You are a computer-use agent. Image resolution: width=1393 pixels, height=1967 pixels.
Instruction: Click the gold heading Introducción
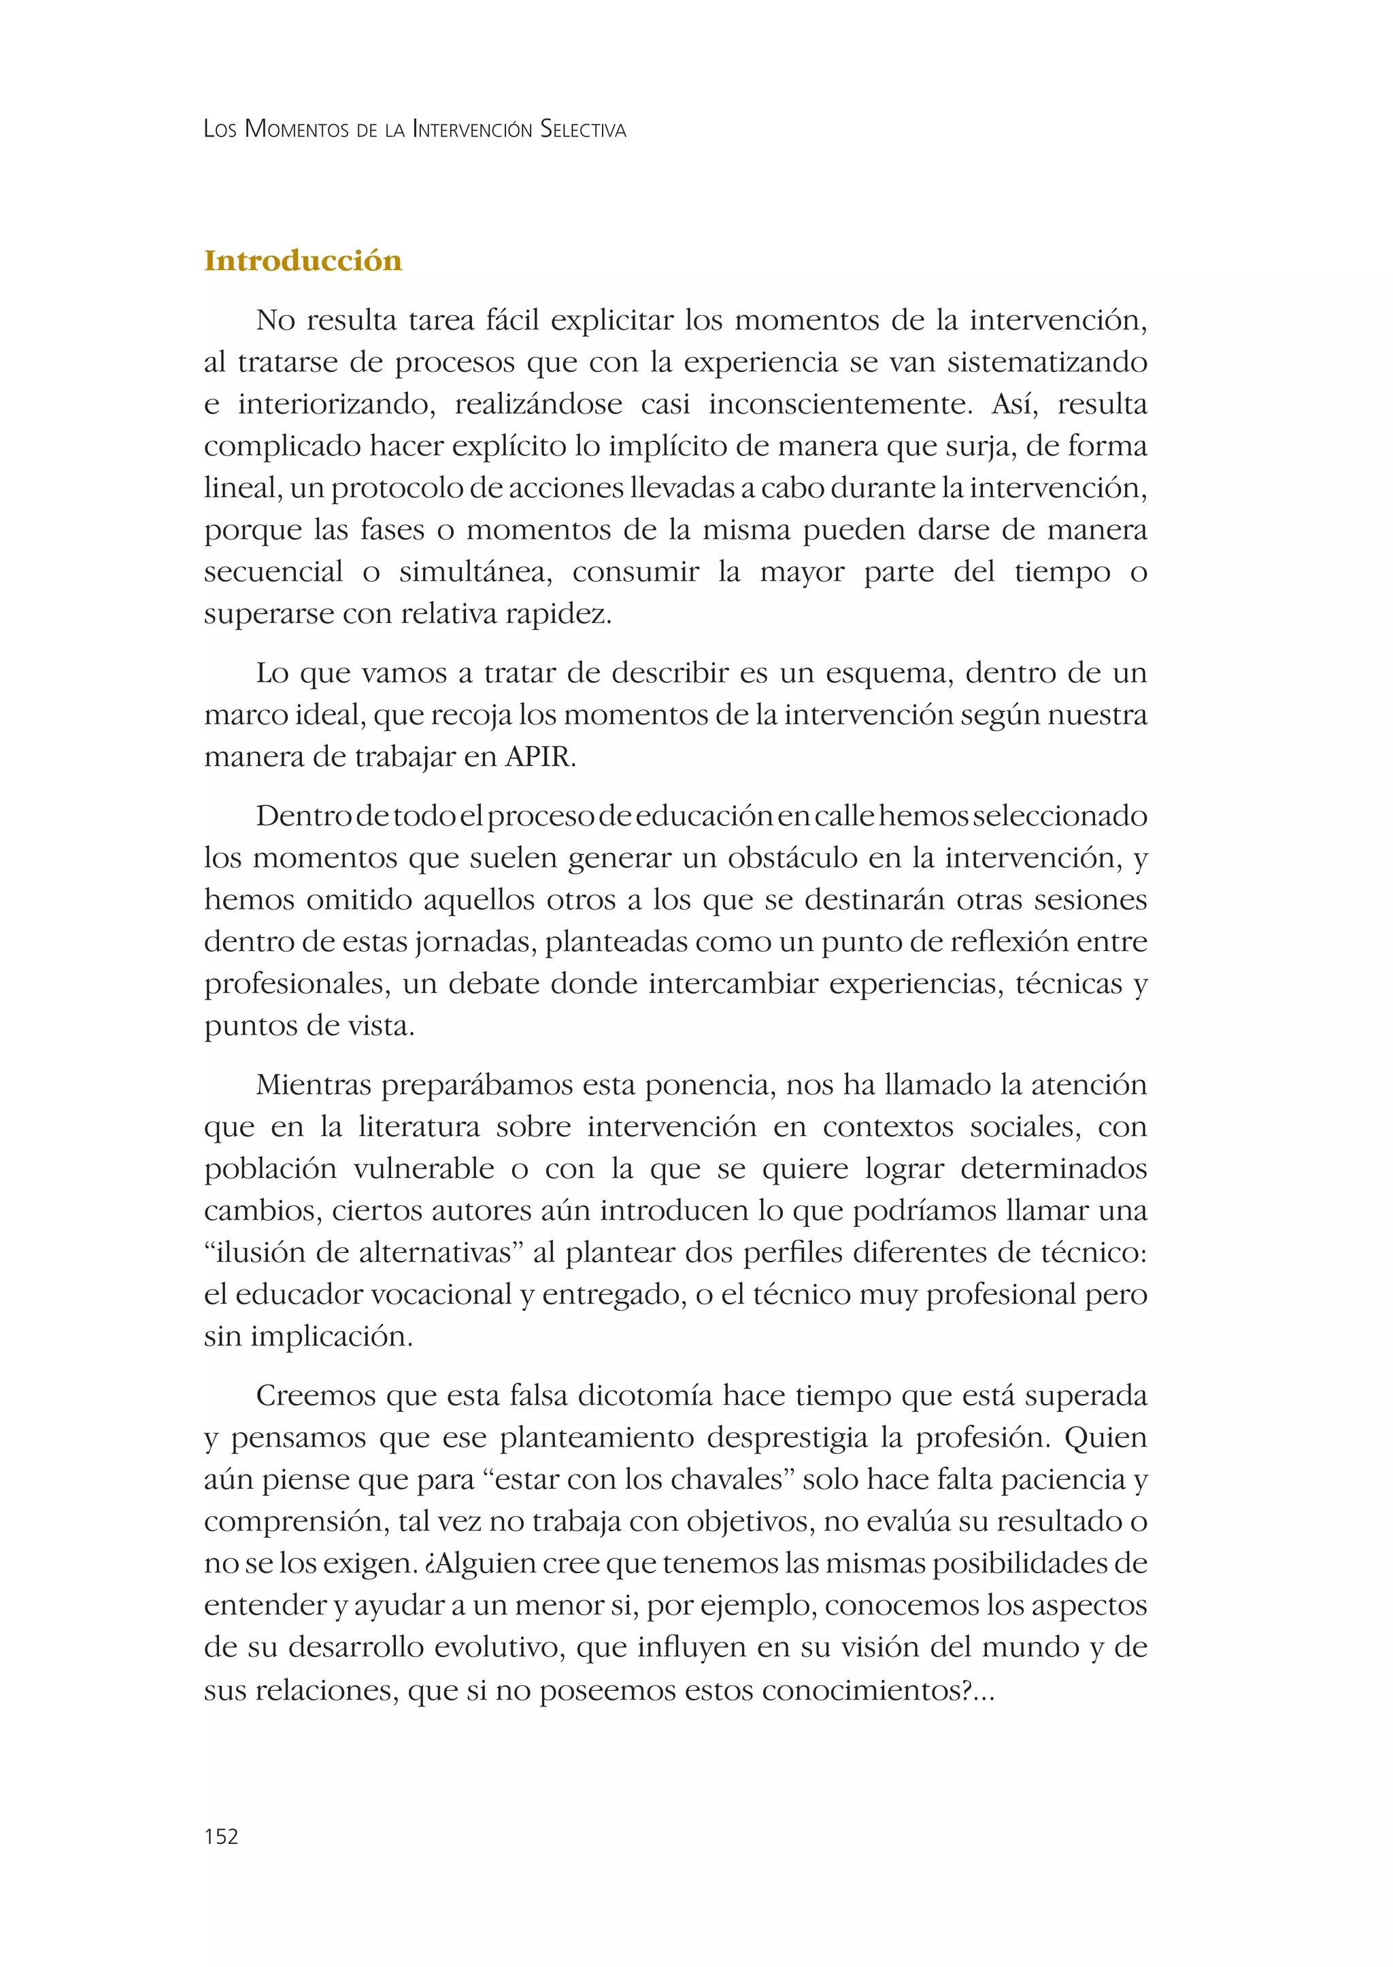[x=303, y=260]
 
